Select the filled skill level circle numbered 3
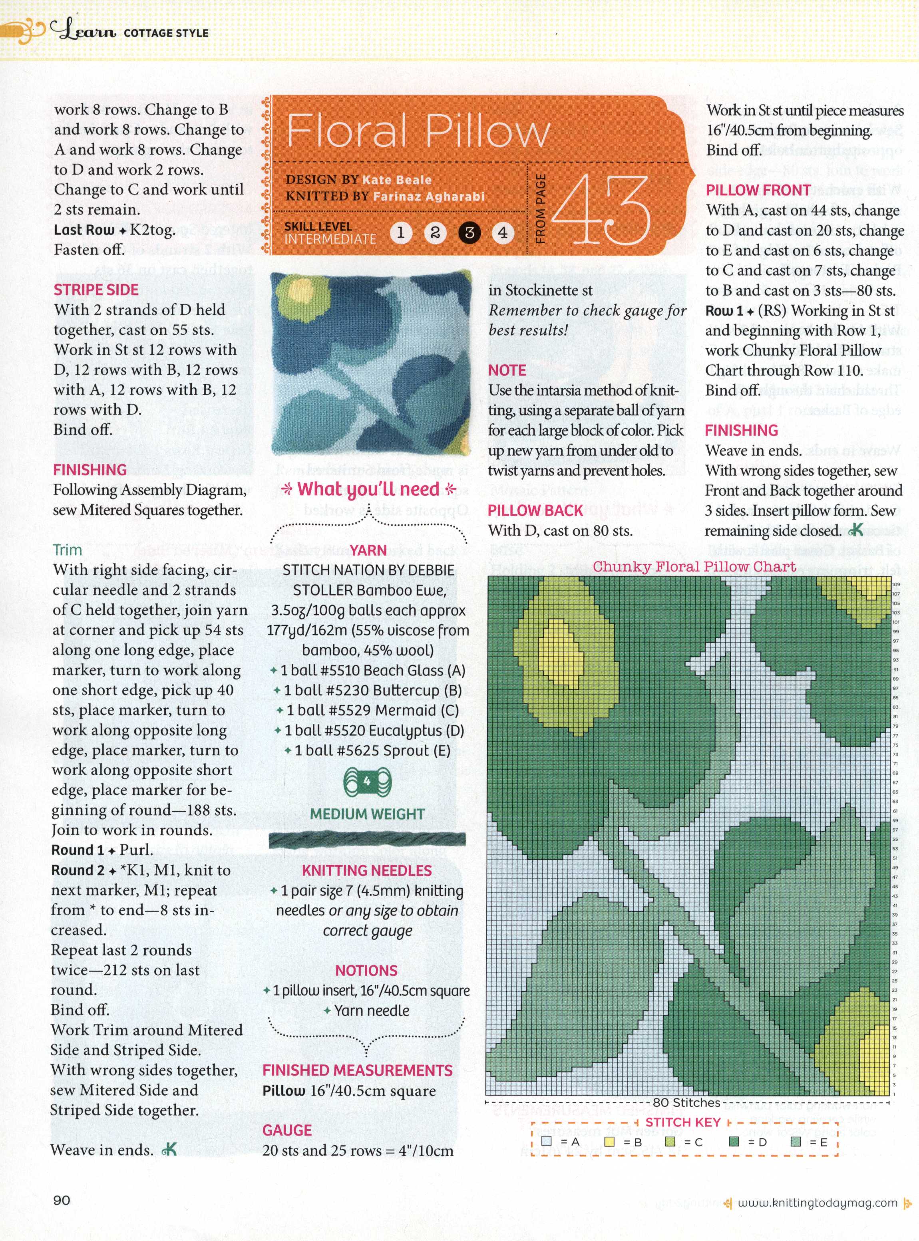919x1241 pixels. (x=469, y=232)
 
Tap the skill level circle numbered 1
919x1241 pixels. (x=400, y=232)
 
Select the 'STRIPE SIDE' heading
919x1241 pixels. (x=95, y=290)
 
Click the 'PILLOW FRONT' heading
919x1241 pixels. (x=758, y=190)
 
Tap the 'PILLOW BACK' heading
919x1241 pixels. (x=535, y=510)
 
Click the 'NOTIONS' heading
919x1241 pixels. (x=366, y=971)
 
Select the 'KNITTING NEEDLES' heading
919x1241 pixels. (x=366, y=871)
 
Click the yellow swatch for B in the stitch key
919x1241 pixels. (x=609, y=1142)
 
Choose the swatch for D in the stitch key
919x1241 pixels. (x=734, y=1142)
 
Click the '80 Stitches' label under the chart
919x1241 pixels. (x=686, y=1102)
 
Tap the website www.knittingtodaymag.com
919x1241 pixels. (x=817, y=1203)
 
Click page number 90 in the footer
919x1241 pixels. (x=62, y=1200)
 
